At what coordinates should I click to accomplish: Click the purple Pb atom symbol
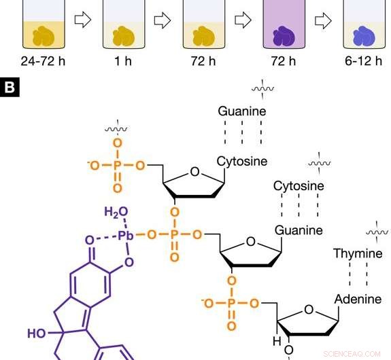(125, 236)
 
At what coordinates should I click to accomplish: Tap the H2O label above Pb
(116, 212)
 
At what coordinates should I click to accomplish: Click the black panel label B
(10, 87)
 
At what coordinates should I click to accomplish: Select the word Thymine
(358, 253)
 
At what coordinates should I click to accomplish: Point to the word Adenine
(358, 299)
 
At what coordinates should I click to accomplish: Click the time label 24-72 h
(43, 61)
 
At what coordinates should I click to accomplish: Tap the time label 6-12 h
(363, 61)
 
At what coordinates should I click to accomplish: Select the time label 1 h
(123, 61)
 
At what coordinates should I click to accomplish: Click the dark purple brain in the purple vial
(284, 37)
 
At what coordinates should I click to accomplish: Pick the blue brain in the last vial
(364, 37)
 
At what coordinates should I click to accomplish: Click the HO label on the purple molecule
(37, 334)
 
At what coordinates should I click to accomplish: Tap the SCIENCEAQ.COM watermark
(352, 354)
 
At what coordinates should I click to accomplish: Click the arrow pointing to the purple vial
(243, 20)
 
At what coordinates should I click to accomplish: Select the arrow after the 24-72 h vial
(83, 20)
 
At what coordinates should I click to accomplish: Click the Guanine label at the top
(242, 111)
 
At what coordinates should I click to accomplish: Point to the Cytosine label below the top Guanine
(242, 162)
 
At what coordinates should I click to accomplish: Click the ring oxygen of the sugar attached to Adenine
(309, 310)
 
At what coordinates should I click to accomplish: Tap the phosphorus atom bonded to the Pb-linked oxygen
(174, 234)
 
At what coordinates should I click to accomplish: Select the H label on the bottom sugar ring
(277, 341)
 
